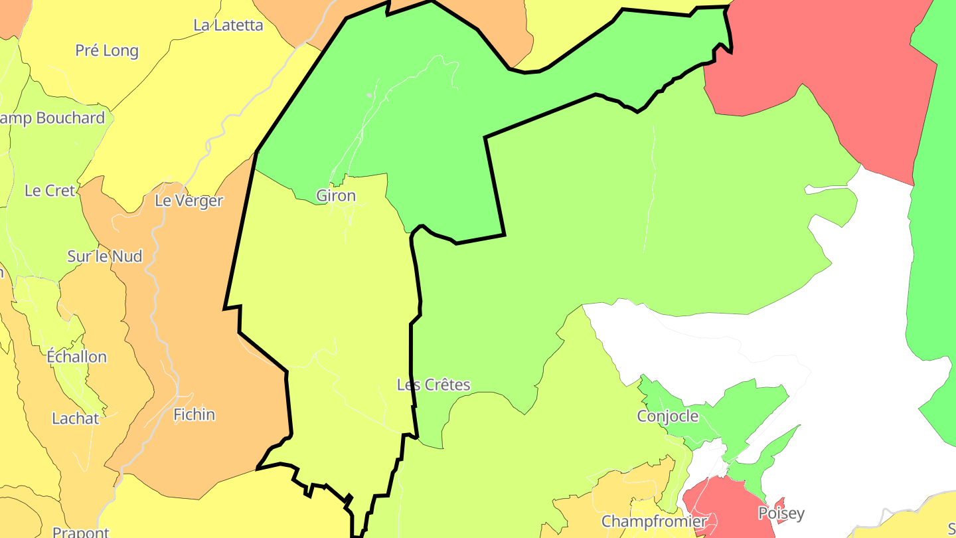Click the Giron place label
click(x=336, y=196)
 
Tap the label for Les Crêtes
click(x=433, y=385)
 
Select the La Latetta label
click(x=228, y=25)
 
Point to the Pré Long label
click(x=107, y=50)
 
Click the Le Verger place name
click(x=189, y=201)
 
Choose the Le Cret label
click(x=50, y=191)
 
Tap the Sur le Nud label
click(x=105, y=256)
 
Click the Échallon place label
click(x=76, y=357)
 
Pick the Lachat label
click(x=76, y=418)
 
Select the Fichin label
click(x=194, y=414)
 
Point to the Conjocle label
click(x=667, y=416)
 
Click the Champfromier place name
click(x=654, y=521)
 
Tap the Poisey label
click(x=781, y=513)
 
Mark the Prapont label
click(x=80, y=532)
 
